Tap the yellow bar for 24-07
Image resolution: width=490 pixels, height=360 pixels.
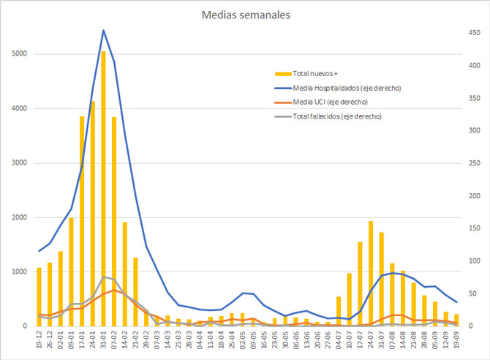(371, 274)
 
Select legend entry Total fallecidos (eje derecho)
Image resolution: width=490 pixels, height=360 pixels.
(336, 116)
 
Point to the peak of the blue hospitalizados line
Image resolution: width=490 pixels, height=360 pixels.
(103, 31)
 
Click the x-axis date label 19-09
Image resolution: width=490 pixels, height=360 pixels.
(456, 340)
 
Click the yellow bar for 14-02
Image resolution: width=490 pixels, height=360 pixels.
(124, 274)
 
